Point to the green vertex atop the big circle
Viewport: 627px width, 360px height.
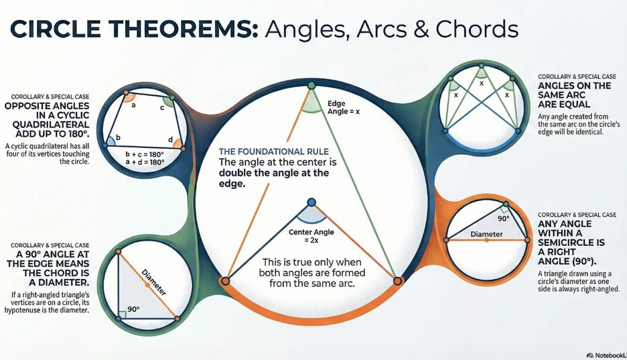point(311,86)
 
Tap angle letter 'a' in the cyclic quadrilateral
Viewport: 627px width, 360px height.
point(133,105)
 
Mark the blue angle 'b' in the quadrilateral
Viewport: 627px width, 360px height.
point(119,137)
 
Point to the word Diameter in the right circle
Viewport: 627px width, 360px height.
point(487,235)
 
